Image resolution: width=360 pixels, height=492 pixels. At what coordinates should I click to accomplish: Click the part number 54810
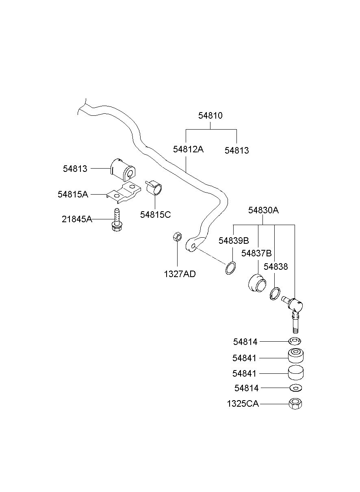210,115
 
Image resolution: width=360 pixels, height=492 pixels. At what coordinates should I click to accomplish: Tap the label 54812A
188,150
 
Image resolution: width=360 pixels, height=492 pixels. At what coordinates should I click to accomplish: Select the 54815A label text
73,194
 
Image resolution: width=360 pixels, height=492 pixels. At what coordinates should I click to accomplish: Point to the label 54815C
156,215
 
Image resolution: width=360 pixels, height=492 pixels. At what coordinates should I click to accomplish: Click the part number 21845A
77,219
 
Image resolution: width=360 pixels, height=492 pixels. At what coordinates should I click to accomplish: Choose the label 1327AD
180,274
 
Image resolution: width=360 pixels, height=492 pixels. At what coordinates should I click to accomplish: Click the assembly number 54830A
263,210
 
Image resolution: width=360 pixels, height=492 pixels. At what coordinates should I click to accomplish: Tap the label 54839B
234,241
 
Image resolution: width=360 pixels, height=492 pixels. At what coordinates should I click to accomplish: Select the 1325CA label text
243,404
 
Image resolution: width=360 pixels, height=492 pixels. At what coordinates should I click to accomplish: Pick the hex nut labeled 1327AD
178,237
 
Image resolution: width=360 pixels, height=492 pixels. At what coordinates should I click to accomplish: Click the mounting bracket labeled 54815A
124,193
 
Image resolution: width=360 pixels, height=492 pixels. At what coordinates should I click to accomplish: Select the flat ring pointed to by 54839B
231,268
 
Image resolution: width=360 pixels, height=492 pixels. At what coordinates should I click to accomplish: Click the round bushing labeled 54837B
257,283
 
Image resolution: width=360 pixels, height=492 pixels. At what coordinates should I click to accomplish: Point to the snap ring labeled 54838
275,294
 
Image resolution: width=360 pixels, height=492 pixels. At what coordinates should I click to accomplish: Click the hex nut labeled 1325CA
295,404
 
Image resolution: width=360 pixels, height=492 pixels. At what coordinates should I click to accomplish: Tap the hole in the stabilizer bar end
193,246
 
